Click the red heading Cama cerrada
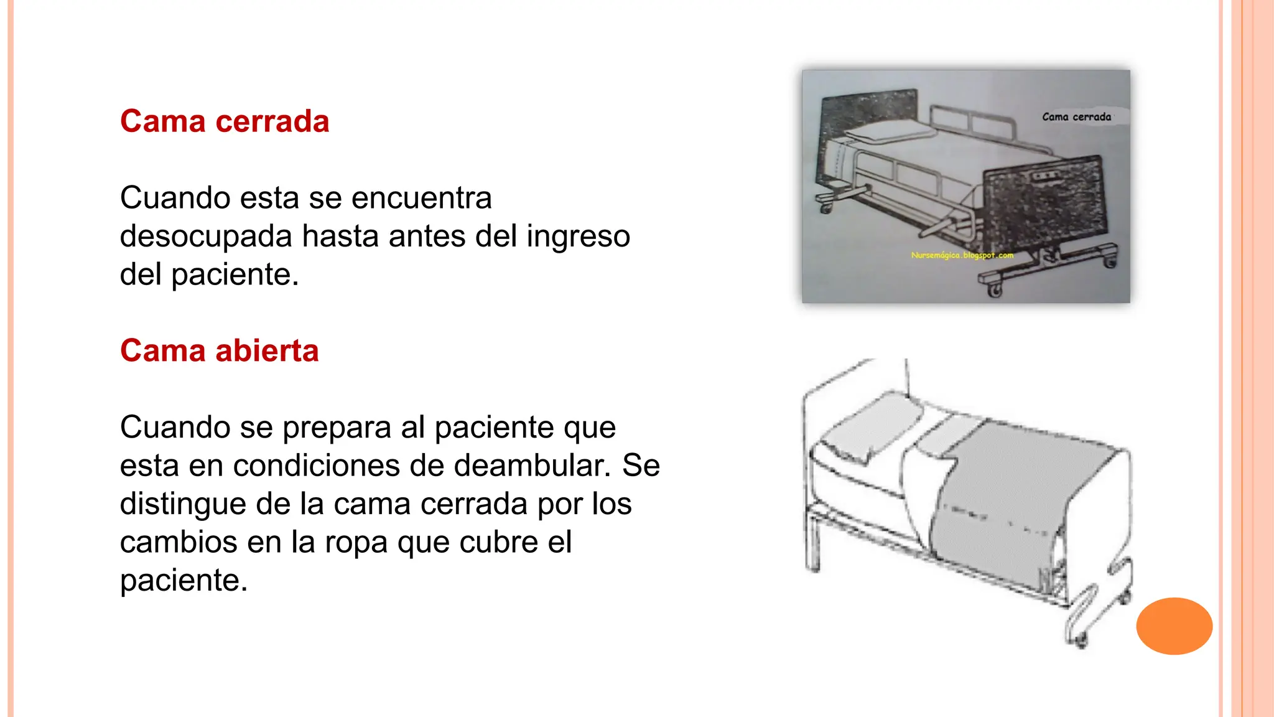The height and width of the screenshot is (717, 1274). point(225,121)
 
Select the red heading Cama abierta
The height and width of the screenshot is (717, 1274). point(219,351)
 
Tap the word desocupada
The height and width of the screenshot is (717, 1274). point(206,237)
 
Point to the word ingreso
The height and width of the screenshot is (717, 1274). point(578,237)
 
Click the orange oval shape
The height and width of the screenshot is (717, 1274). point(1174,626)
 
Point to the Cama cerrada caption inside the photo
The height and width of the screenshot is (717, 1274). point(1076,117)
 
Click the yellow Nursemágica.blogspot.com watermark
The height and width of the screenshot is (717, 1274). point(962,255)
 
